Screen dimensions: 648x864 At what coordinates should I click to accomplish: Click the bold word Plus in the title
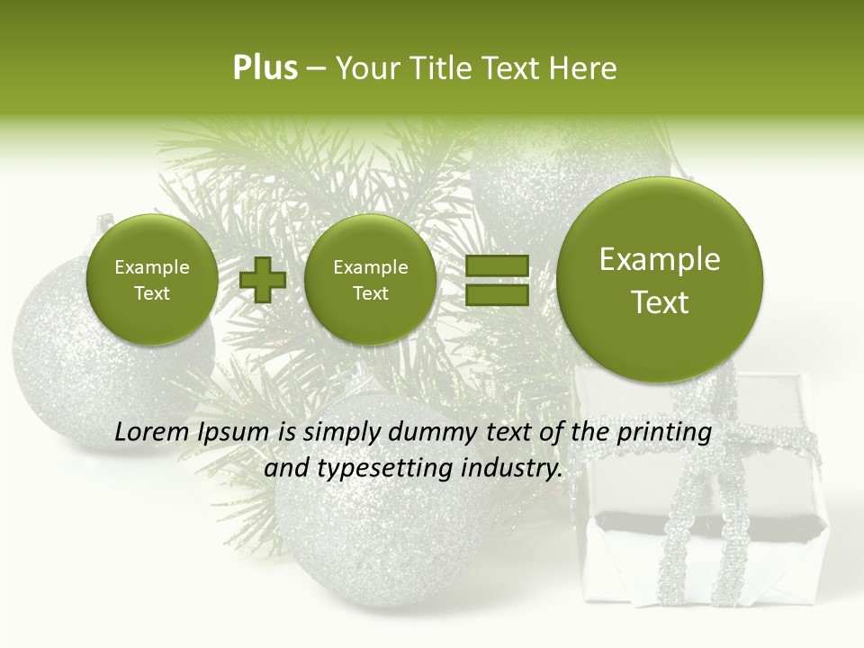pos(265,68)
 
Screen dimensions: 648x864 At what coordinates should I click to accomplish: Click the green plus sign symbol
pos(263,280)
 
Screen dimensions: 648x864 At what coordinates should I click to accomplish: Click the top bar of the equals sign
pos(497,265)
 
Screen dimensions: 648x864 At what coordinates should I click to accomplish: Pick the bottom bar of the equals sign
pos(497,296)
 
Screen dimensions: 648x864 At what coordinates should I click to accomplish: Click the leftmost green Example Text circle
pos(151,280)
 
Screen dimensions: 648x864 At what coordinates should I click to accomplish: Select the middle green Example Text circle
pos(370,280)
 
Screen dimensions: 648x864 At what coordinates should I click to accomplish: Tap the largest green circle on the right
pos(660,280)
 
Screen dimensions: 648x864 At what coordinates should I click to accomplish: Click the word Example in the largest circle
pos(660,259)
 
